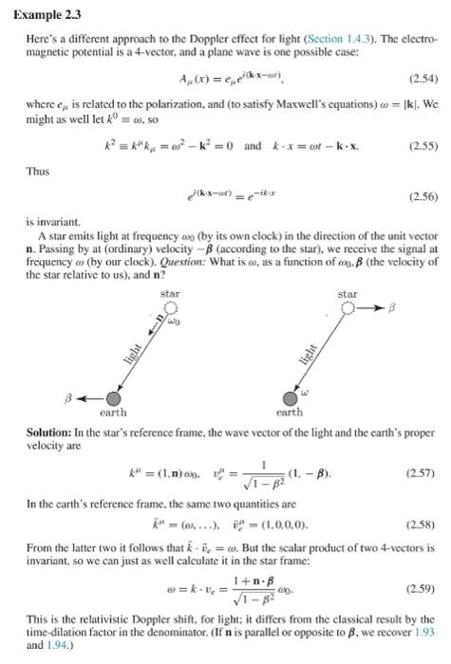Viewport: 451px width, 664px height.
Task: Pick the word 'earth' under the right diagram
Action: (x=290, y=414)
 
